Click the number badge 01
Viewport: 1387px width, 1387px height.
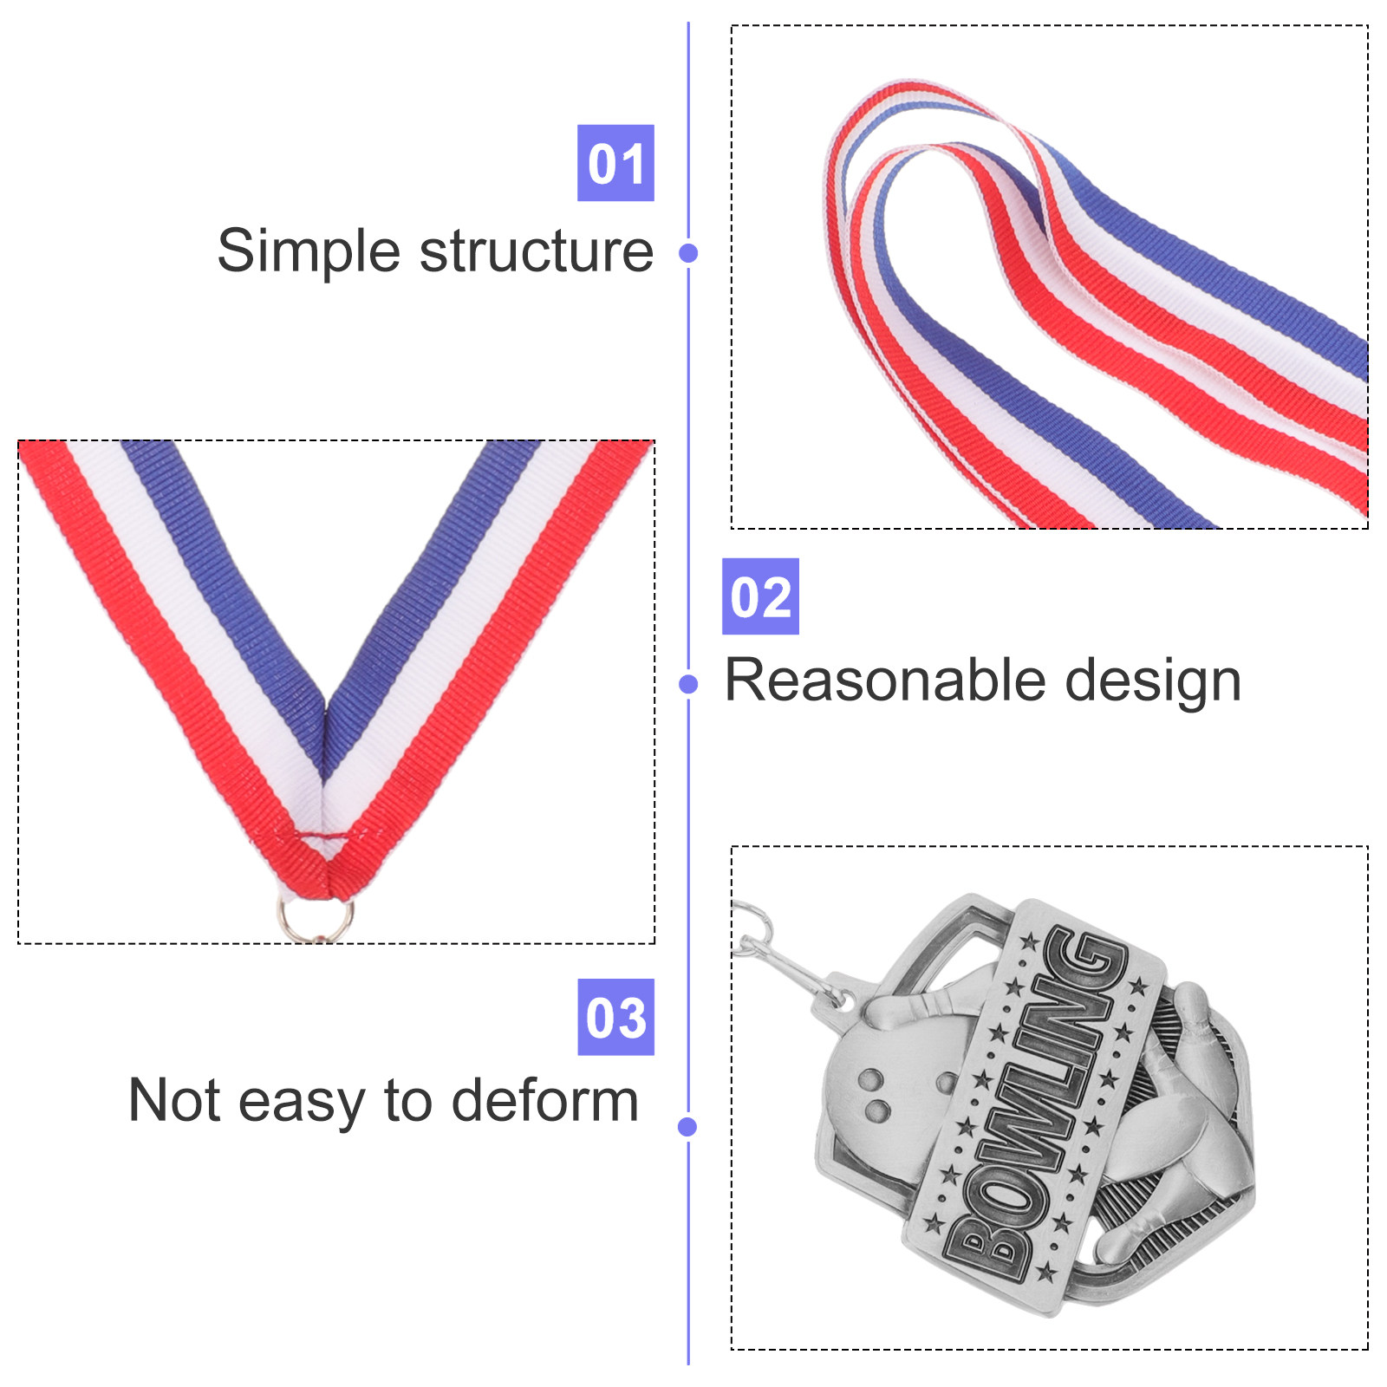[x=615, y=163]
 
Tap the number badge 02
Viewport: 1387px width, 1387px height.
[x=760, y=596]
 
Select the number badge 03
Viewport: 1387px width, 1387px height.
[x=615, y=1017]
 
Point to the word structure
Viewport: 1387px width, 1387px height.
[x=537, y=252]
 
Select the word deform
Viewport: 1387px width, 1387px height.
[x=545, y=1101]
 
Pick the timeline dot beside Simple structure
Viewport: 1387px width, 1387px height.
[x=688, y=253]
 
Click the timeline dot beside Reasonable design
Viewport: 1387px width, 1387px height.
[x=688, y=685]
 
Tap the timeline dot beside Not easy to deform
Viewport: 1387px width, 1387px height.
[x=687, y=1126]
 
